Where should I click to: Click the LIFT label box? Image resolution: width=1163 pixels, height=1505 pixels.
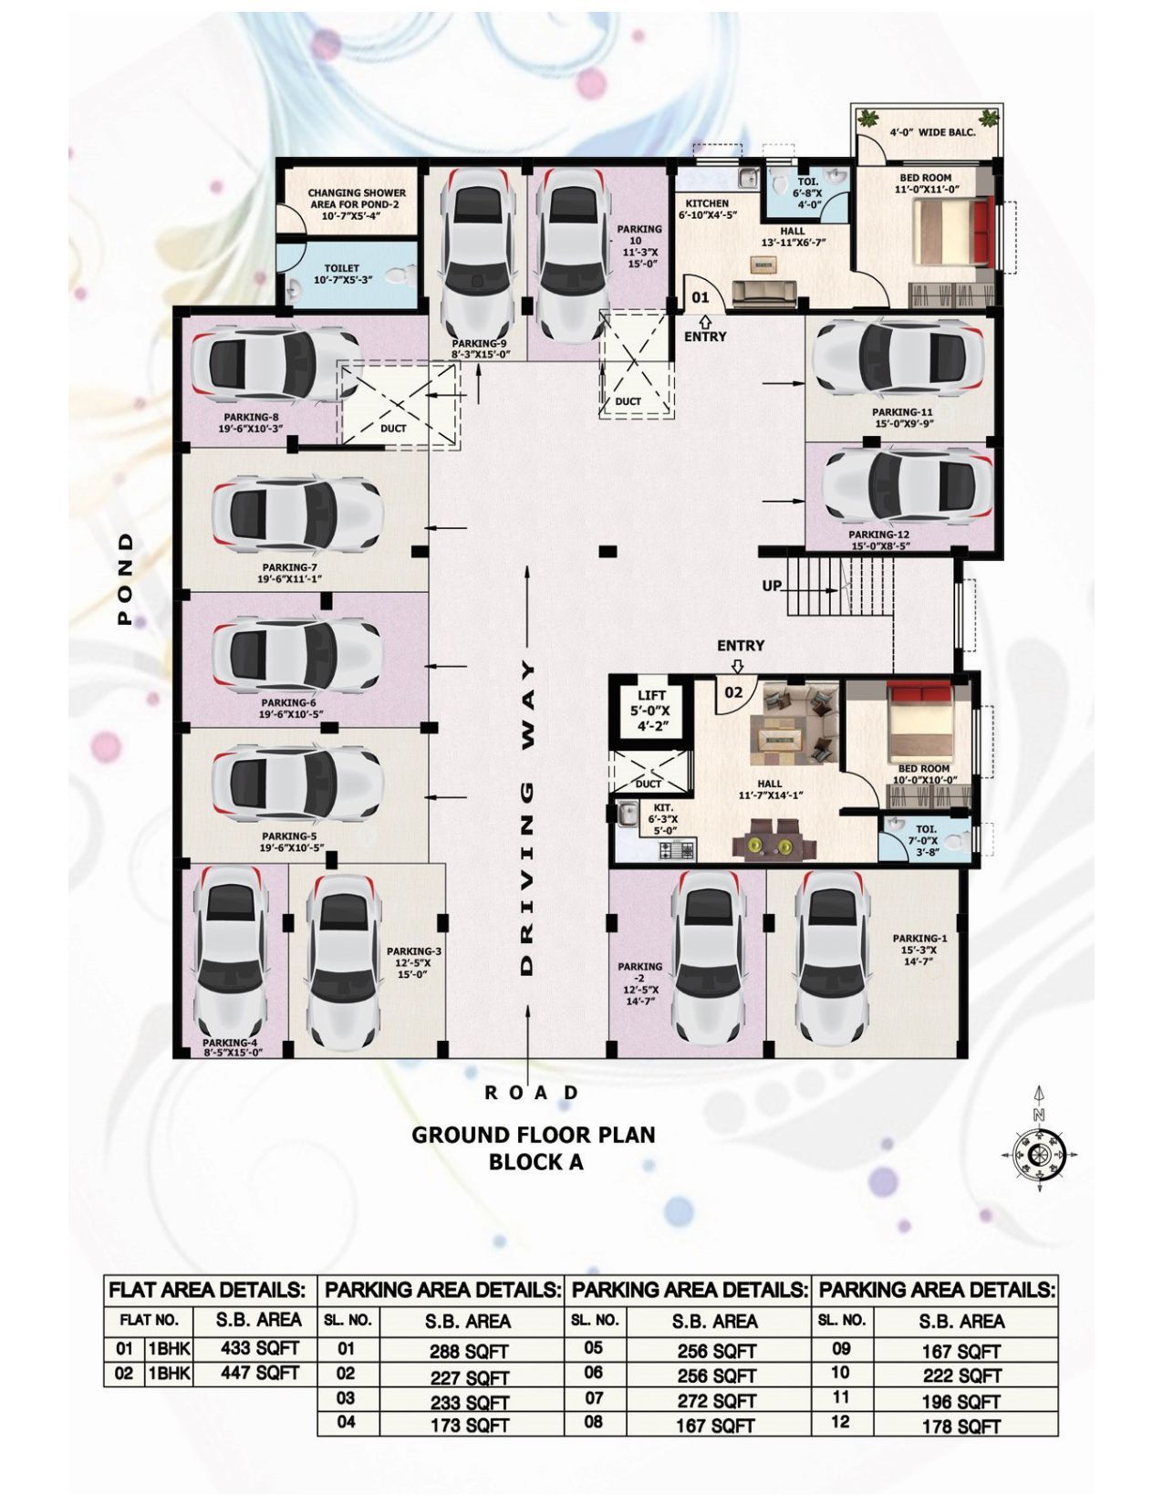[651, 711]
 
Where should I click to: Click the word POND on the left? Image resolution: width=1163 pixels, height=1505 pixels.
[125, 578]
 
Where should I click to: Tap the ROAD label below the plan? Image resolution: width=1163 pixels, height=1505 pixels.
[531, 1093]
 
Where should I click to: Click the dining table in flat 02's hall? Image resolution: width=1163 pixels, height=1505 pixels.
[774, 839]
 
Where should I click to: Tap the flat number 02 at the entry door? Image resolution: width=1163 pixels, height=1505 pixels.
[733, 691]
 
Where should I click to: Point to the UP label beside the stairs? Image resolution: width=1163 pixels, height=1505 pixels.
[772, 586]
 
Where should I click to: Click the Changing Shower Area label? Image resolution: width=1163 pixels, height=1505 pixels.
[357, 204]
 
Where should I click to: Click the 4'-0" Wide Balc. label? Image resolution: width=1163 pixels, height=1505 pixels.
[932, 131]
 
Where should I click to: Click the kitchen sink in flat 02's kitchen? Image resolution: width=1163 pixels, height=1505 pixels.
[628, 815]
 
